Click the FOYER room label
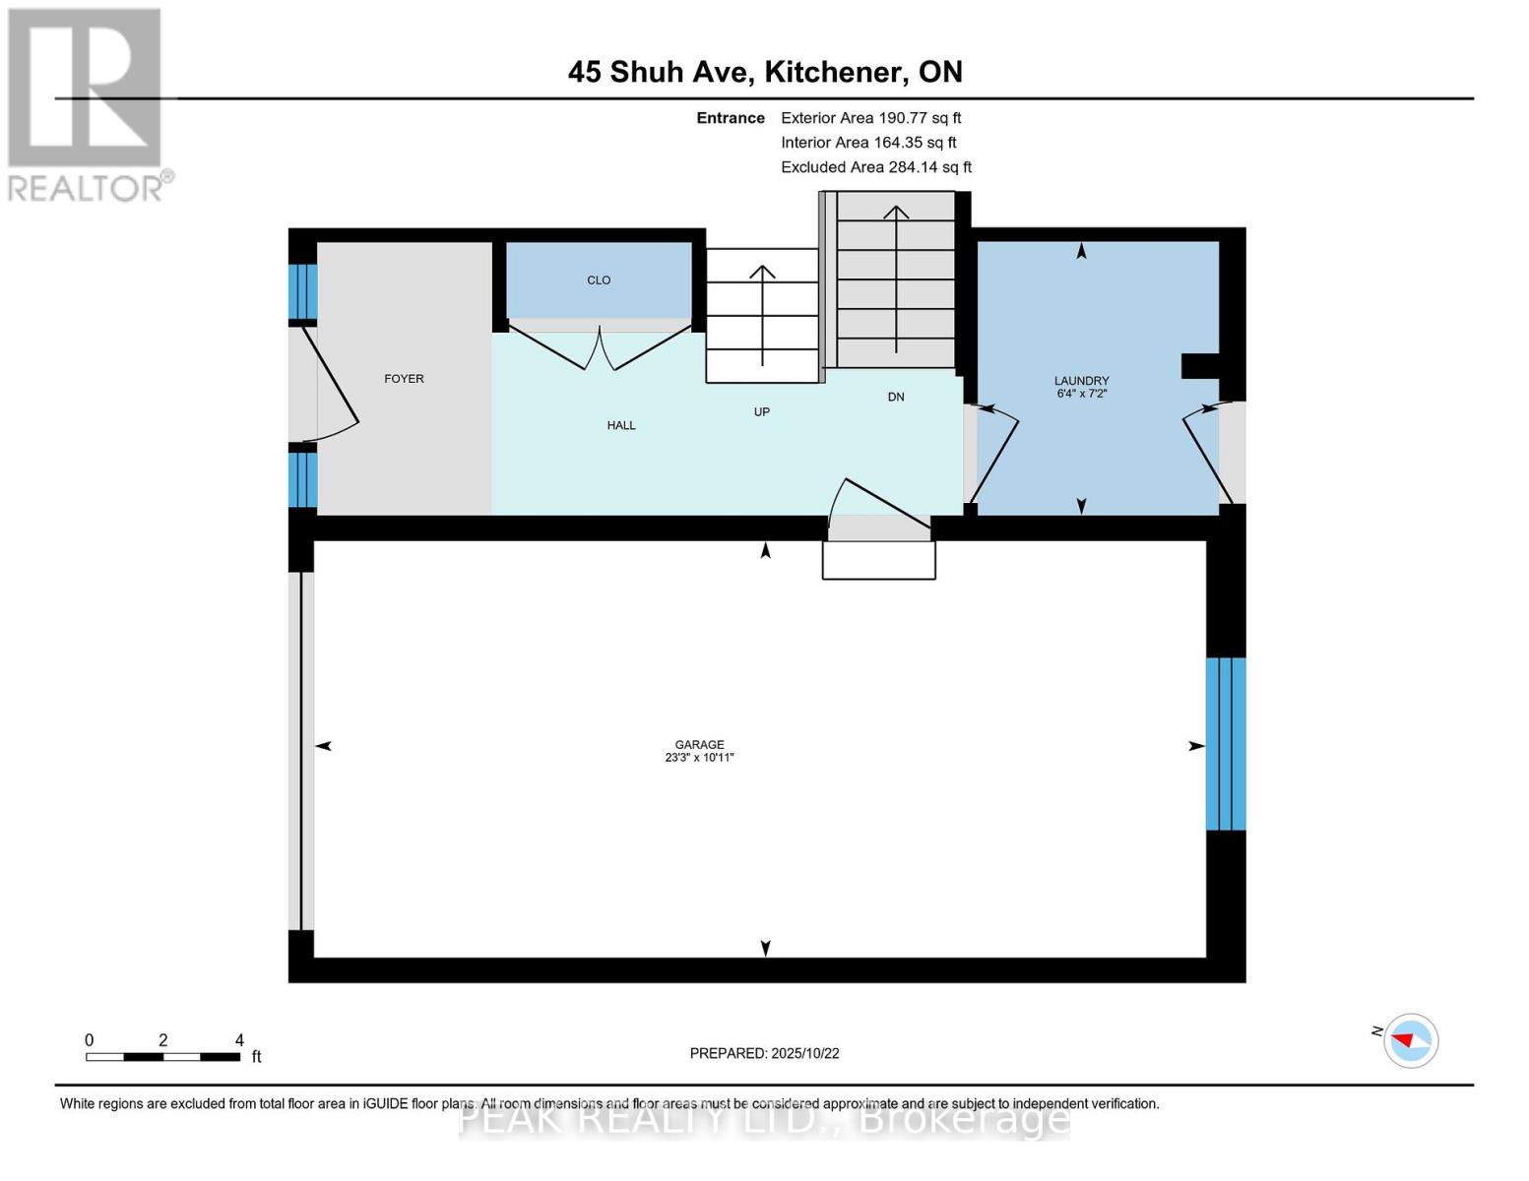(x=404, y=379)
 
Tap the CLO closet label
(x=599, y=280)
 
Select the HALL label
(x=621, y=425)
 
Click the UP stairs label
(x=761, y=412)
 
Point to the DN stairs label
(x=896, y=398)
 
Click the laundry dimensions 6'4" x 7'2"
(x=1081, y=394)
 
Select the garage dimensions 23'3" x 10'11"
(x=699, y=758)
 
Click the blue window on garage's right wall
(x=1226, y=744)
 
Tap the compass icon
(x=1410, y=1040)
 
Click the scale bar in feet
(x=162, y=1056)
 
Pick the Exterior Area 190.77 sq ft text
(x=870, y=118)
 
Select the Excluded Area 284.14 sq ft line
(x=875, y=167)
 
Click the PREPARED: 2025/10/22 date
(x=764, y=1053)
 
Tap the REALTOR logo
(x=87, y=103)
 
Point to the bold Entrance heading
(x=731, y=118)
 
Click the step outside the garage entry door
(x=878, y=560)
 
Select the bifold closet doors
(x=599, y=349)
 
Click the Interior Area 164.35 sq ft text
(x=868, y=143)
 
